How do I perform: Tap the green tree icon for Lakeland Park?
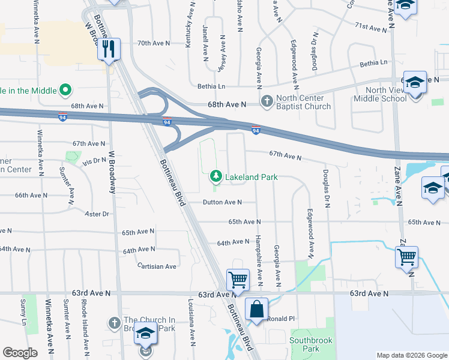pos(215,176)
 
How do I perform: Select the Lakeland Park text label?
pos(252,177)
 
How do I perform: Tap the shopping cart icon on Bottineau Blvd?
pos(238,280)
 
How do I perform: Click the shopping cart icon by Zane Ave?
pos(406,257)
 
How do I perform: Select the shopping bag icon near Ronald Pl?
pos(256,310)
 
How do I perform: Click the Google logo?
pos(20,353)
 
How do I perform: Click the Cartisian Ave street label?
pos(157,266)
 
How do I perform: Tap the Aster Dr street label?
pos(97,214)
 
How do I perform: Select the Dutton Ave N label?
pos(221,203)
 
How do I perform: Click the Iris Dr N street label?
pos(94,160)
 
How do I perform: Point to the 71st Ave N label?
pos(371,27)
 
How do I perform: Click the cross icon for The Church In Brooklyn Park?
pos(114,323)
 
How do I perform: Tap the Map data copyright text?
pos(412,355)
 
